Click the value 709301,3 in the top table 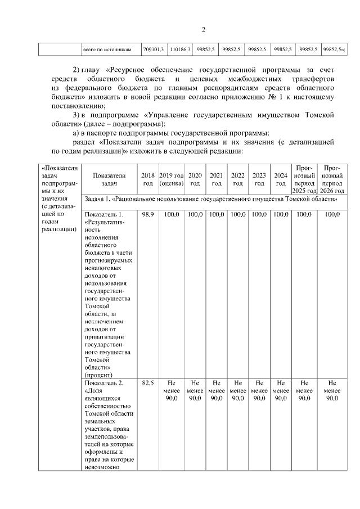coord(153,49)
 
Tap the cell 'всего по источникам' coord(107,49)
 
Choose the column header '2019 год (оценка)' coord(172,179)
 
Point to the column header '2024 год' coord(280,179)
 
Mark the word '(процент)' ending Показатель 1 coord(98,374)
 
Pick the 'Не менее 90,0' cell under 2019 coord(172,390)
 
